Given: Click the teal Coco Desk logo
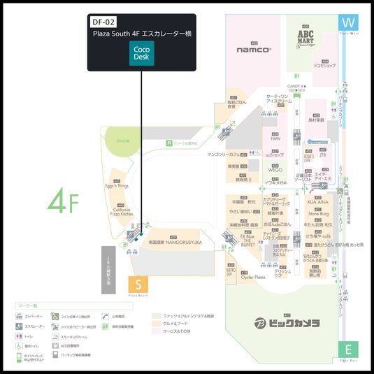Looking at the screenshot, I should [142, 54].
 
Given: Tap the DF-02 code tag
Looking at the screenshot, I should [103, 22].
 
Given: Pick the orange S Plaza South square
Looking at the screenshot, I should [138, 285].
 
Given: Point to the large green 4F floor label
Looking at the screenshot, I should [63, 201].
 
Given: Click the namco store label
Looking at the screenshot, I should [253, 50].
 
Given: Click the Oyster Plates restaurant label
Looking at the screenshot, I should [253, 277].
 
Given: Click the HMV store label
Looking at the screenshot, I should [275, 138].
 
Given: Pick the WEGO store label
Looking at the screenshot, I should [275, 169].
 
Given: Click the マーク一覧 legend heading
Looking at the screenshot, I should [29, 305].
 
